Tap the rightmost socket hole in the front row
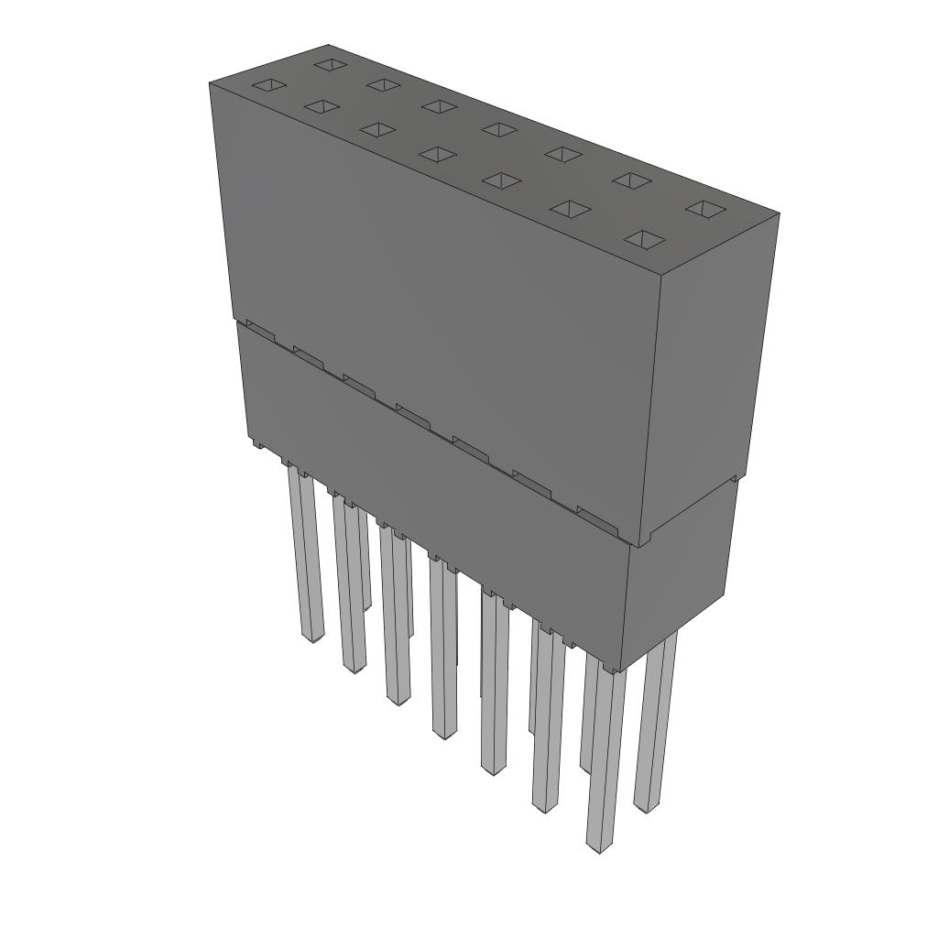[645, 239]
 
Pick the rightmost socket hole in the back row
[704, 210]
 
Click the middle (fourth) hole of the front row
[438, 154]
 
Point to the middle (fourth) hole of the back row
[498, 129]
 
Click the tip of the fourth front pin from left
[443, 733]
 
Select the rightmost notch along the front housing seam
[596, 518]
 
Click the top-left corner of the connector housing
[211, 83]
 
